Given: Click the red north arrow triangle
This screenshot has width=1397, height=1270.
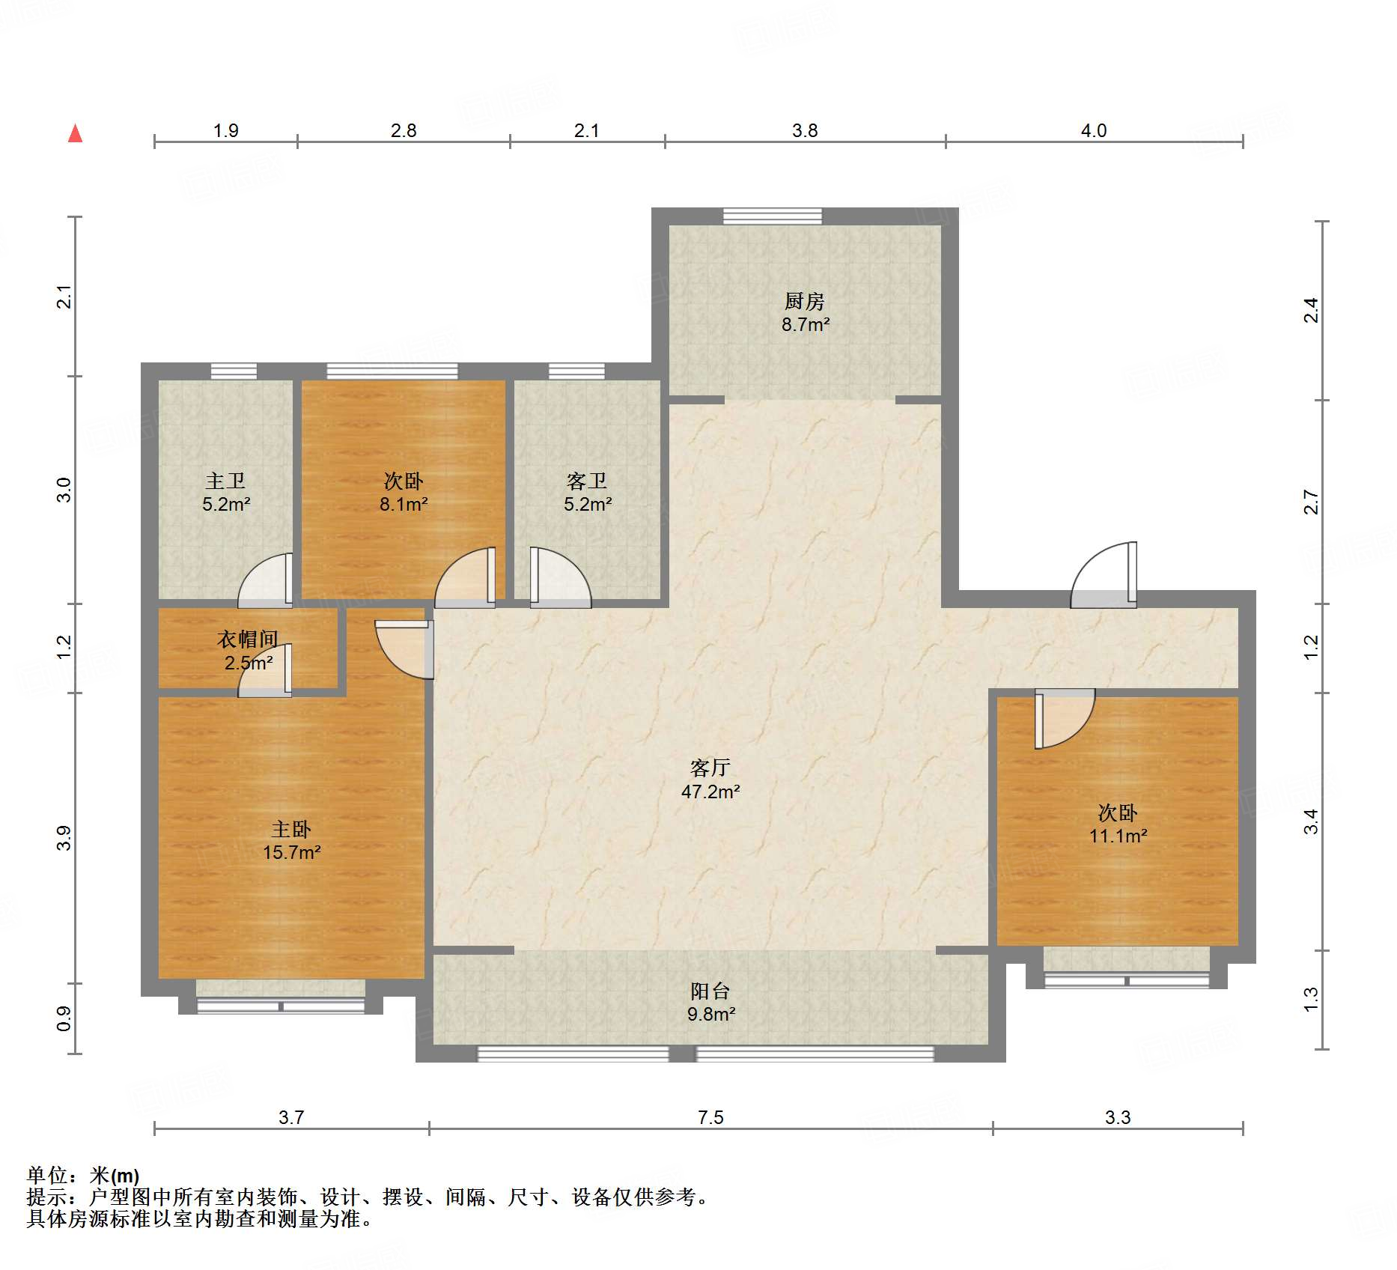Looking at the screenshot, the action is pyautogui.click(x=75, y=133).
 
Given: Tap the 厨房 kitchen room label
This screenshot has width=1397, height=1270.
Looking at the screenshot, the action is pyautogui.click(x=805, y=301).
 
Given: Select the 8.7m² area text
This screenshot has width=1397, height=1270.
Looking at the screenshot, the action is pyautogui.click(x=806, y=324).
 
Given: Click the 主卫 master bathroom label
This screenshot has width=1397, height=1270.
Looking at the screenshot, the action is pyautogui.click(x=225, y=481).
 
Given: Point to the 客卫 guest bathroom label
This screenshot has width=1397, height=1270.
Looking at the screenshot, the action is pyautogui.click(x=587, y=481).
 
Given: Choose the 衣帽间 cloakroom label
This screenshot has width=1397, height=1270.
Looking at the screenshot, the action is pyautogui.click(x=248, y=639).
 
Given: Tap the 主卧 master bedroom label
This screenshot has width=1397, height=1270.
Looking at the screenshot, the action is pyautogui.click(x=291, y=829).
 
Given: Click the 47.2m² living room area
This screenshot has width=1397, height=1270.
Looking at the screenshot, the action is pyautogui.click(x=710, y=792).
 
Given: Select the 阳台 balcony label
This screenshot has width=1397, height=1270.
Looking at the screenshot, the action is pyautogui.click(x=710, y=991).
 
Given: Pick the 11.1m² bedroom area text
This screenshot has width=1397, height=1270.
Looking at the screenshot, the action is pyautogui.click(x=1118, y=836).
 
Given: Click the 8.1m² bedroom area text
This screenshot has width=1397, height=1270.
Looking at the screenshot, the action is pyautogui.click(x=404, y=504).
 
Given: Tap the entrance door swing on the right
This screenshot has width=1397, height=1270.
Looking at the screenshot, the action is pyautogui.click(x=1104, y=574).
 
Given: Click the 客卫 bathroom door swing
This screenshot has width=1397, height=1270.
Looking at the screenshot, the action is pyautogui.click(x=561, y=577).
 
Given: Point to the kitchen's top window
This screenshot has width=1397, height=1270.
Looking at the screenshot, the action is pyautogui.click(x=772, y=216).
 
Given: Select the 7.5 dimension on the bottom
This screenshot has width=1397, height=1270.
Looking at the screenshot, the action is pyautogui.click(x=710, y=1117).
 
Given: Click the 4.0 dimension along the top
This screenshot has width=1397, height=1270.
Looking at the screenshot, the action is pyautogui.click(x=1094, y=130).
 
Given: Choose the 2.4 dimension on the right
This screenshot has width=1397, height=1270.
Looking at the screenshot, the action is pyautogui.click(x=1311, y=310).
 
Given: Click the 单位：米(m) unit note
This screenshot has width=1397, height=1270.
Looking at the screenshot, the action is pyautogui.click(x=83, y=1176).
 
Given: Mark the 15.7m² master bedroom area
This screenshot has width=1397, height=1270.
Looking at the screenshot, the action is pyautogui.click(x=292, y=852).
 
